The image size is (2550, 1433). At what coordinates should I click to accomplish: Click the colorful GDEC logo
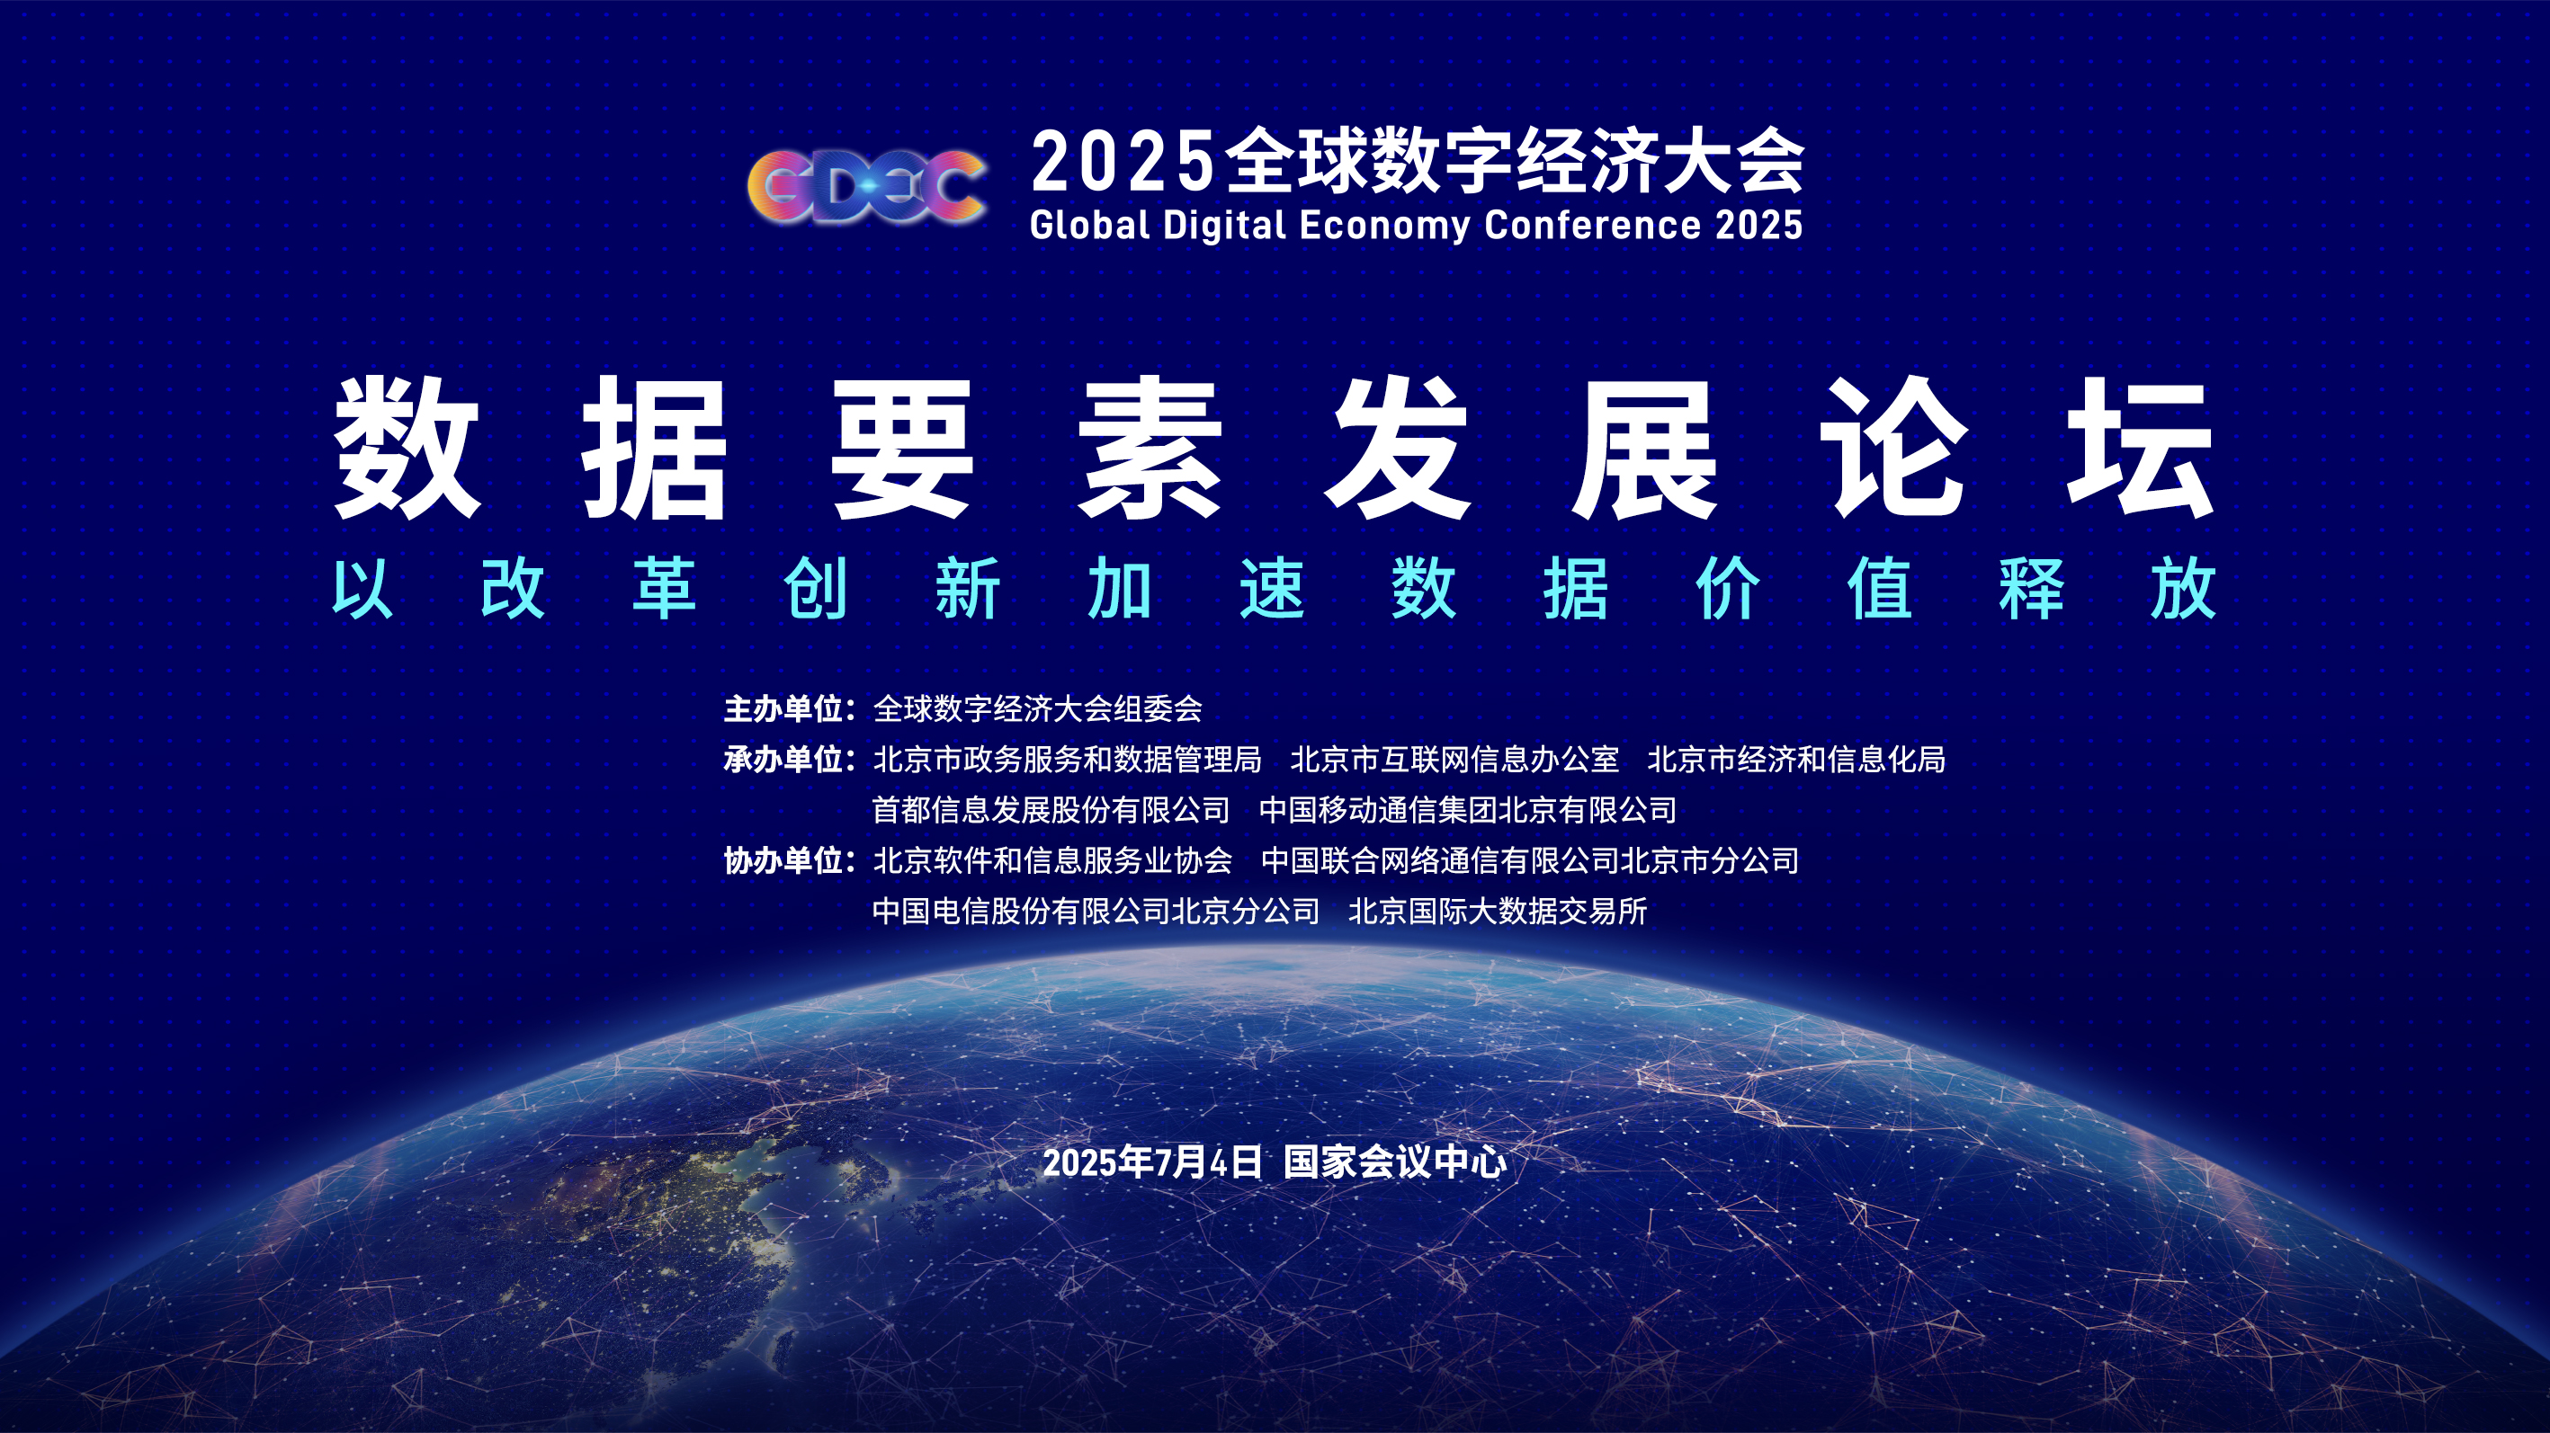point(867,186)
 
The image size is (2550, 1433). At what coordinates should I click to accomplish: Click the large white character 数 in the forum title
point(407,448)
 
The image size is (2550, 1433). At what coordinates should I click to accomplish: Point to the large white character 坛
point(2140,448)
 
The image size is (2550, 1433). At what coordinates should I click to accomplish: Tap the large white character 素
point(1150,448)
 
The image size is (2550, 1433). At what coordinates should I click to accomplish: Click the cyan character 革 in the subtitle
point(664,588)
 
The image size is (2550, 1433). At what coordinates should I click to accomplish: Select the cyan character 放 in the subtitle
point(2183,588)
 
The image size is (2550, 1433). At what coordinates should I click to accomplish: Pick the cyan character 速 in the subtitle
point(1272,588)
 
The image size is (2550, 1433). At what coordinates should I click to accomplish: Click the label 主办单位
point(783,708)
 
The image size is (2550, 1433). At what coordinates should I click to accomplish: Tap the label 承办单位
point(783,759)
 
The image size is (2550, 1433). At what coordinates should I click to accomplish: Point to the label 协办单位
point(783,860)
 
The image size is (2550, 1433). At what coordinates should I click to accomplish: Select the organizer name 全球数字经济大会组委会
point(1037,708)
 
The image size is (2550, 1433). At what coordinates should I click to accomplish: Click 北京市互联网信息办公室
point(1454,759)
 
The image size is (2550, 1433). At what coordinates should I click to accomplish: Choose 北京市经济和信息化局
point(1796,759)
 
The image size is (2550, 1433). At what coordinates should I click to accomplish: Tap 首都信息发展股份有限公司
point(1051,809)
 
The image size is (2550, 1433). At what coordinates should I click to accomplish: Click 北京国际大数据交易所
point(1498,911)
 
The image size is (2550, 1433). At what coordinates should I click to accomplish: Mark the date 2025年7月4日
point(1152,1162)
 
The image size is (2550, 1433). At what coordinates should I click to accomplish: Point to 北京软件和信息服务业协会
point(1052,860)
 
